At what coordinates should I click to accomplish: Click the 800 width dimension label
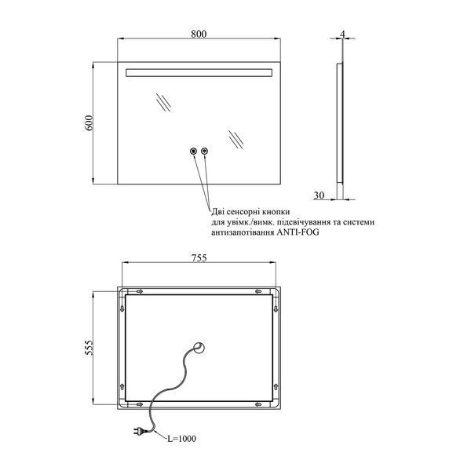[x=199, y=34]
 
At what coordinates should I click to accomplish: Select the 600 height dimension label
[x=89, y=122]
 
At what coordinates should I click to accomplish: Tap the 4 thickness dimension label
[x=342, y=35]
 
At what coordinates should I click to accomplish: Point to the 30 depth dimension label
[x=319, y=195]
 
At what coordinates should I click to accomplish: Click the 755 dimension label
[x=199, y=257]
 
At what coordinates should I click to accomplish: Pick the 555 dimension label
[x=89, y=348]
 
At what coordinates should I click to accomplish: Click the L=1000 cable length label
[x=181, y=439]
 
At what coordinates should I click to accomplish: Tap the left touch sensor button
[x=193, y=151]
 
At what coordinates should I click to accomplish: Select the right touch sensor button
[x=205, y=151]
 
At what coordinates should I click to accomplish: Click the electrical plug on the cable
[x=140, y=431]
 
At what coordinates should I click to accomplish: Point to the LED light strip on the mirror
[x=199, y=73]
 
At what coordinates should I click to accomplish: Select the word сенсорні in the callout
[x=244, y=212]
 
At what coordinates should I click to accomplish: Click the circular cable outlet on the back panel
[x=199, y=349]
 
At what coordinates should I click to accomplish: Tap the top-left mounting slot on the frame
[x=140, y=291]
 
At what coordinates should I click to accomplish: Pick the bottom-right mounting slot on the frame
[x=258, y=404]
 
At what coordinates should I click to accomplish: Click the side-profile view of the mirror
[x=340, y=123]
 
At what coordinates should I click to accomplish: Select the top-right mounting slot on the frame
[x=258, y=291]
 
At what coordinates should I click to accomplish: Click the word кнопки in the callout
[x=277, y=212]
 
